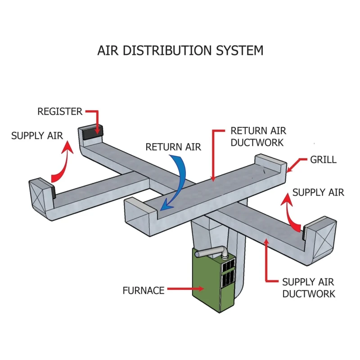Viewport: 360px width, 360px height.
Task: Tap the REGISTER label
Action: point(59,111)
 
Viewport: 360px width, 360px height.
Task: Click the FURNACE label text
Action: point(144,290)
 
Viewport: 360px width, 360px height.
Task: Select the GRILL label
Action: point(323,160)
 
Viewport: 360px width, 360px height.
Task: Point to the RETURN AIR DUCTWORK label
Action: point(258,136)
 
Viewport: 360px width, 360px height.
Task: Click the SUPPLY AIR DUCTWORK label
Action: point(309,288)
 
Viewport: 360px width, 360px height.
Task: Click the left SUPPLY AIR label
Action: point(37,135)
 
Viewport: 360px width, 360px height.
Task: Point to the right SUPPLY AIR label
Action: point(318,193)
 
